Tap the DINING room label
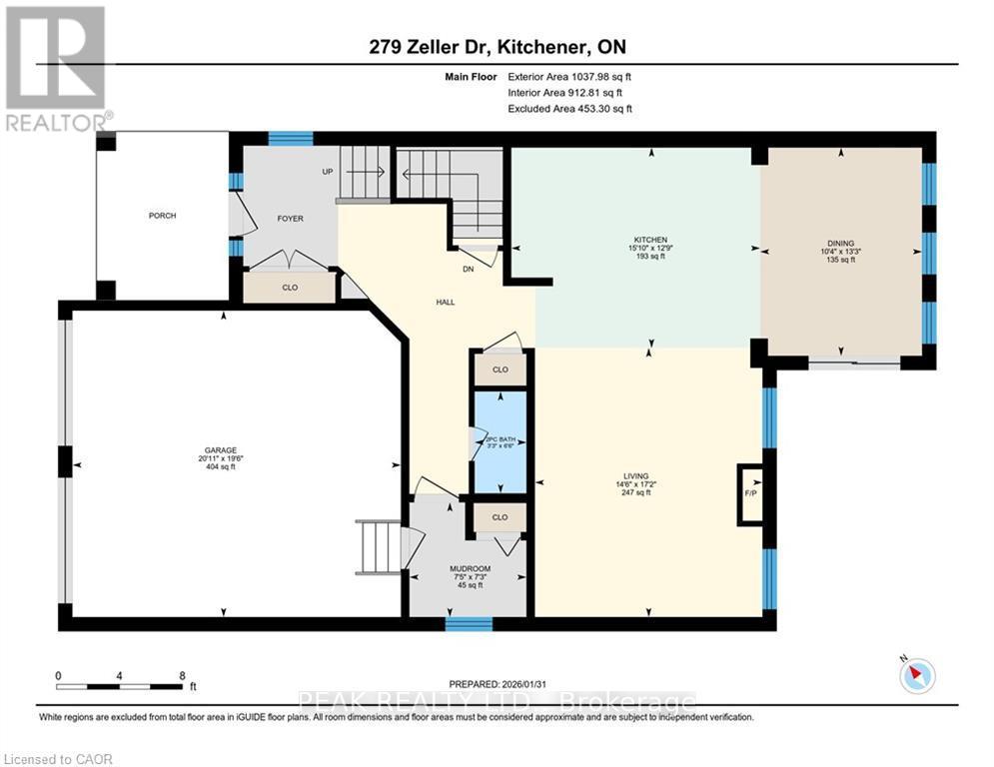pyautogui.click(x=840, y=240)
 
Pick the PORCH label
pyautogui.click(x=162, y=216)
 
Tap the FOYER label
pyautogui.click(x=290, y=219)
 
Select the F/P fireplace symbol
pyautogui.click(x=750, y=493)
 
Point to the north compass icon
pyautogui.click(x=916, y=676)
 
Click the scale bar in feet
pyautogui.click(x=120, y=685)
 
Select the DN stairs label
pyautogui.click(x=468, y=267)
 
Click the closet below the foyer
pyautogui.click(x=290, y=287)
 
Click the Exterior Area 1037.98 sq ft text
pyautogui.click(x=569, y=76)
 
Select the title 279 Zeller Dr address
pyautogui.click(x=497, y=46)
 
